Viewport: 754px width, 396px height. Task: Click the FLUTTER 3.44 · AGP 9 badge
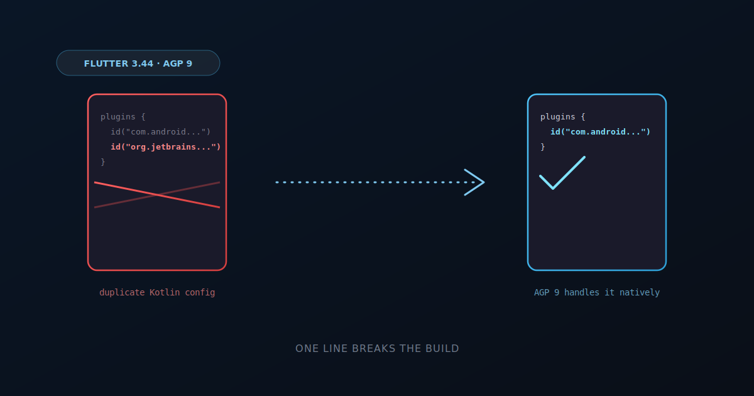[x=138, y=63]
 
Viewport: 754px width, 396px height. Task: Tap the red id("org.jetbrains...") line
[x=166, y=147]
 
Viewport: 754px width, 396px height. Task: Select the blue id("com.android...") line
[x=600, y=131]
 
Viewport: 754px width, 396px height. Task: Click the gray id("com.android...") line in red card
[x=161, y=131]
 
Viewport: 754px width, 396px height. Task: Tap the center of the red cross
[x=157, y=195]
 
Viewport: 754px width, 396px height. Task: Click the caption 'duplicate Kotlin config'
[x=157, y=292]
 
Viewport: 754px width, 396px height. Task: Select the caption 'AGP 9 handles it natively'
[x=597, y=292]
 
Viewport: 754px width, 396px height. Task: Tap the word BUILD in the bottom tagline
[x=442, y=348]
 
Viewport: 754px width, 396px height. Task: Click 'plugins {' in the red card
[x=123, y=117]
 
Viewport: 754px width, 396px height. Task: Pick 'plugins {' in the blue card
[x=563, y=117]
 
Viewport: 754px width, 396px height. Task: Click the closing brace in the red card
[x=103, y=162]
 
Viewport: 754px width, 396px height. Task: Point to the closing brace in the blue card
[x=543, y=147]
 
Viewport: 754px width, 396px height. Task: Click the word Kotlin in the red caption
[x=165, y=292]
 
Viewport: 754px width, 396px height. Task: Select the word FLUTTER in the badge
[x=106, y=63]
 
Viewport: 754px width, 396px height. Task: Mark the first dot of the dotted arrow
[x=276, y=182]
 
